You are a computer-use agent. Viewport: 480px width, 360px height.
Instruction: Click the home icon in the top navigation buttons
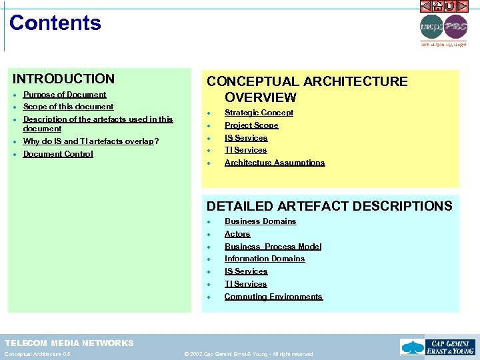coord(438,6)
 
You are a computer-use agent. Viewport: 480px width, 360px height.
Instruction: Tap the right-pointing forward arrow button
coord(463,6)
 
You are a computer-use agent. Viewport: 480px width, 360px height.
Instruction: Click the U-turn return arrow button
coord(450,6)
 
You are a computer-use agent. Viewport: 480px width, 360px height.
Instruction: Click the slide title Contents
coord(55,23)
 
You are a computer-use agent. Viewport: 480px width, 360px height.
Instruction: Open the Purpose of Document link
coord(65,95)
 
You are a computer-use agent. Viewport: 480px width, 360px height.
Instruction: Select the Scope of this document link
coord(68,107)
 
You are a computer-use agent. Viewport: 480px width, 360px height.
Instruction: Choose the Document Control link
coord(58,154)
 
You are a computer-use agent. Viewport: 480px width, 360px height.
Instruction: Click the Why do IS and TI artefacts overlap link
coord(89,141)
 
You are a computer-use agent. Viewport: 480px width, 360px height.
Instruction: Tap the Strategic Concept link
coord(259,113)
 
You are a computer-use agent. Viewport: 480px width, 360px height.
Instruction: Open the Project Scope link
coord(251,125)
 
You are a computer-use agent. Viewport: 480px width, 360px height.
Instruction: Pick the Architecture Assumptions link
coord(275,163)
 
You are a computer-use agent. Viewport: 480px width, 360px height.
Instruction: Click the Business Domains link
coord(260,221)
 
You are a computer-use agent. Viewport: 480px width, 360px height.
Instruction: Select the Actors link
coord(237,234)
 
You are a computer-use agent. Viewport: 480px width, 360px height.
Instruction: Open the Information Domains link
coord(265,259)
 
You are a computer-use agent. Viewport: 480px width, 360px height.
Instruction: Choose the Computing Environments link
coord(273,297)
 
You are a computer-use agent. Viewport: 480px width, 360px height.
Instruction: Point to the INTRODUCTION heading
coord(64,79)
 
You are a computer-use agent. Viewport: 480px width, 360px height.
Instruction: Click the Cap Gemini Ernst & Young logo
coord(437,347)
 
